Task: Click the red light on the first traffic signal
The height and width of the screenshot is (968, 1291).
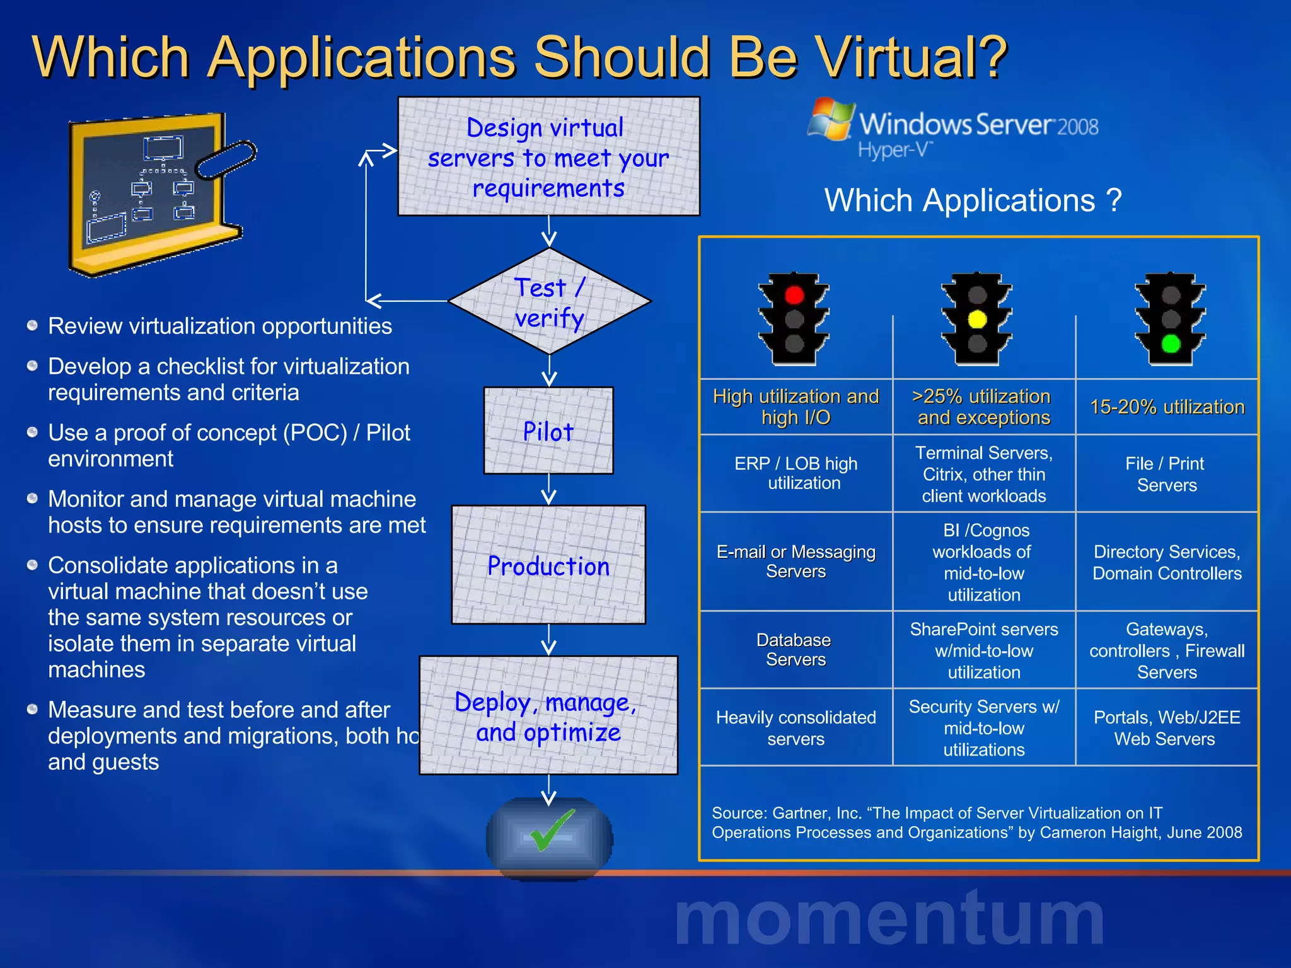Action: tap(794, 295)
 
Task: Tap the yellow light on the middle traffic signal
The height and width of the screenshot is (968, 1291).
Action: tap(977, 320)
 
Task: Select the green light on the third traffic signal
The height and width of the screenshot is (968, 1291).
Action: tap(1171, 343)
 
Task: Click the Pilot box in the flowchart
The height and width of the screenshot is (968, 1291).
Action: tap(548, 431)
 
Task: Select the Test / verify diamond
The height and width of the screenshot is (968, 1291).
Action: tap(549, 302)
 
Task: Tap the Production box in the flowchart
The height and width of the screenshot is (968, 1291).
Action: tap(548, 565)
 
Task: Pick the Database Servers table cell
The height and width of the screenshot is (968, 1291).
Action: tap(796, 650)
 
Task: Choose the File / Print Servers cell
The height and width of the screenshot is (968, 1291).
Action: tap(1166, 474)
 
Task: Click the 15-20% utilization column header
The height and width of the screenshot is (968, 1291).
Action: tap(1167, 407)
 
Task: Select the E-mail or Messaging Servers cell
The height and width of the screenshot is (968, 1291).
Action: tap(796, 562)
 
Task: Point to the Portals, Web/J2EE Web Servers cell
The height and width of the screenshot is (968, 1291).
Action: tap(1166, 728)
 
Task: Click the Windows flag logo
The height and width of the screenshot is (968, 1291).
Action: tap(831, 119)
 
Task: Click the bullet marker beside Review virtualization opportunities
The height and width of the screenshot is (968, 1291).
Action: tap(33, 326)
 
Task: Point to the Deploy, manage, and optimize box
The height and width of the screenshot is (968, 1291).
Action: tap(548, 716)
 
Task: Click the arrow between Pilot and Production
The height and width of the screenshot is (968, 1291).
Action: tap(549, 490)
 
